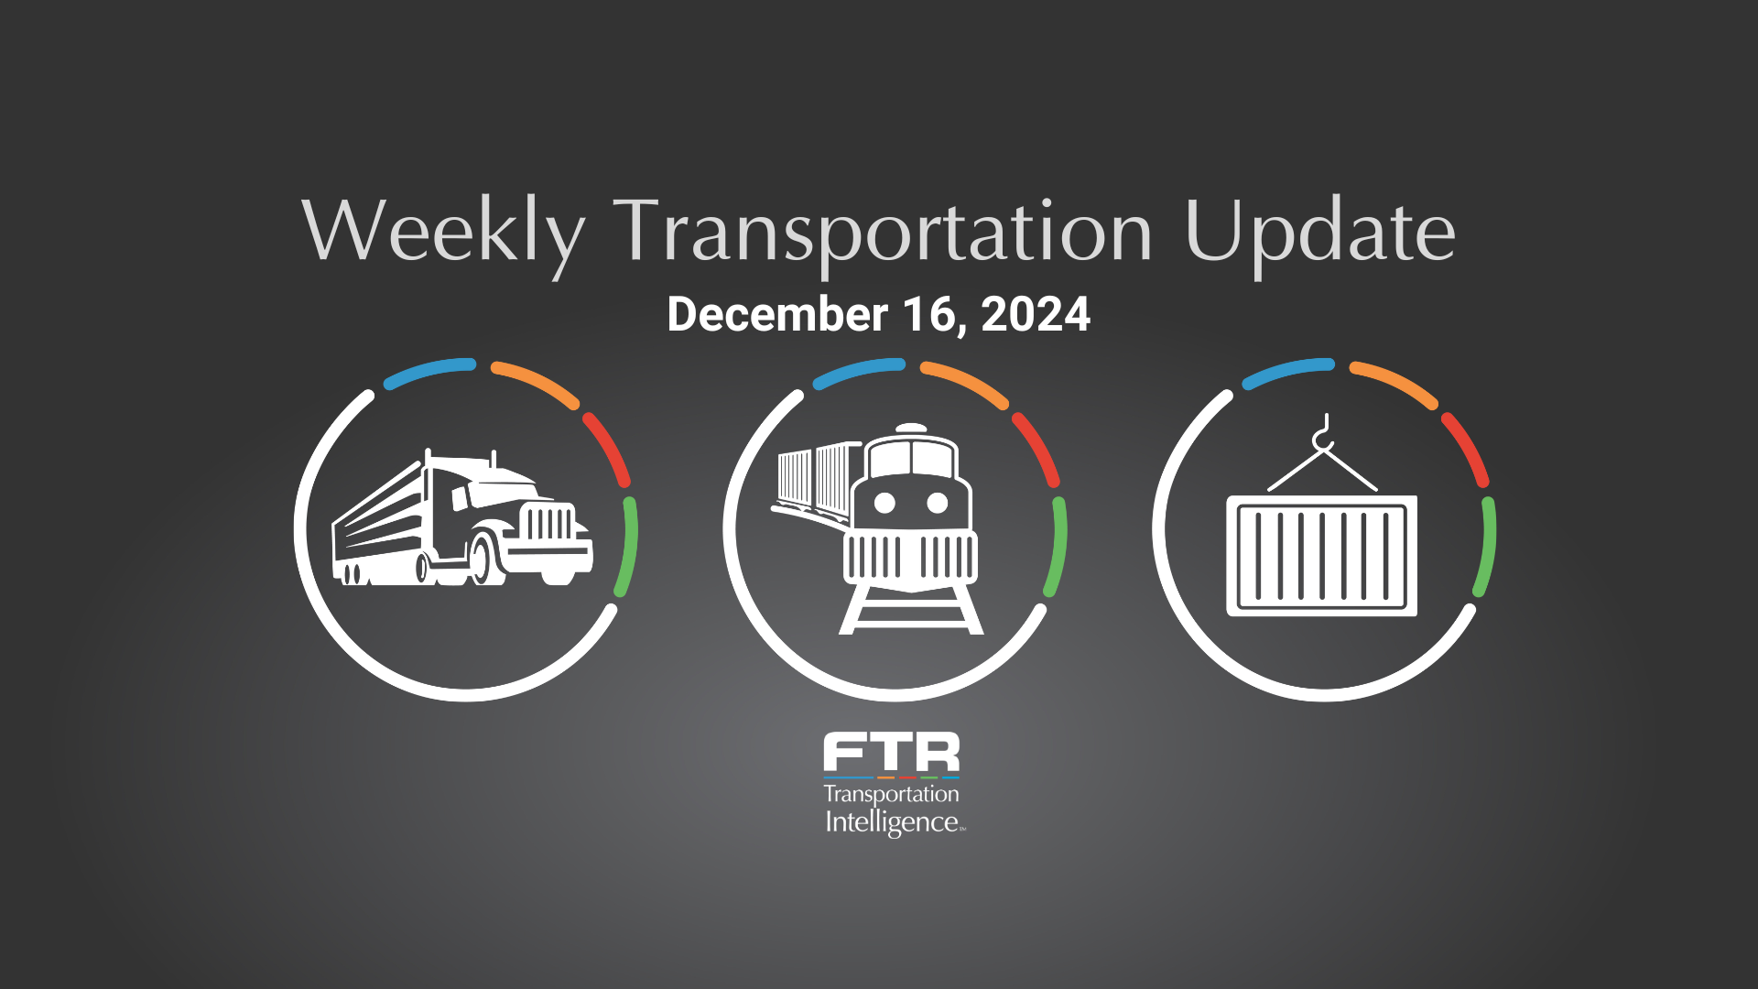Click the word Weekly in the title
(443, 234)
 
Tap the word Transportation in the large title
(883, 234)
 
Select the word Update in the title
(1319, 234)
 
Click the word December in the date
(777, 314)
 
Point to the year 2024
(1036, 314)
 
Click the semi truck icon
(462, 517)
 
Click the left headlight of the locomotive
(884, 503)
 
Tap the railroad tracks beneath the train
(911, 609)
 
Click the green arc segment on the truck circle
(627, 548)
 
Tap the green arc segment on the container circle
(1486, 548)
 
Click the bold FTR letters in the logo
(892, 752)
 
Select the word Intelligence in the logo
(892, 822)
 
